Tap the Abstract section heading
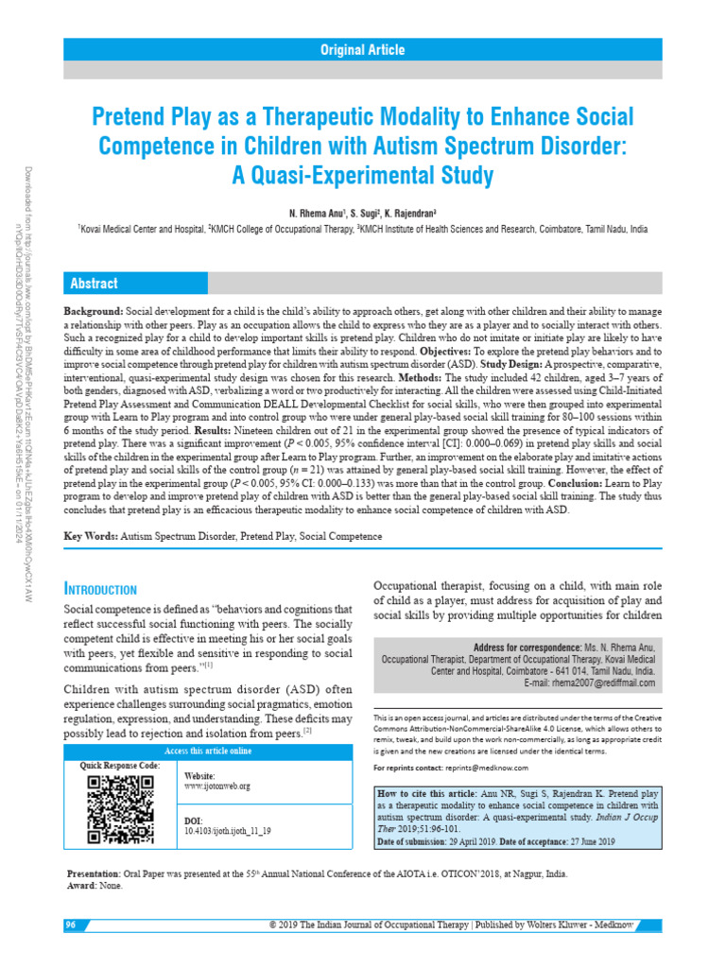pos(93,284)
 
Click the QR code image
pos(120,808)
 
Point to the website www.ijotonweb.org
pos(216,786)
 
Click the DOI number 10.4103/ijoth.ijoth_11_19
pos(228,831)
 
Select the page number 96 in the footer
pos(71,923)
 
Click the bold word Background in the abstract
pos(93,311)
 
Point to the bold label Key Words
pos(90,536)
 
